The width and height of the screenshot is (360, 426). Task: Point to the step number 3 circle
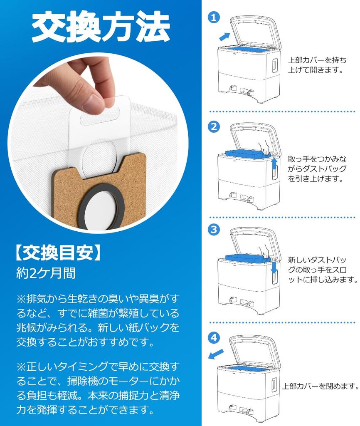(x=214, y=229)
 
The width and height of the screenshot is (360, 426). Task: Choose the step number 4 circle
(x=214, y=338)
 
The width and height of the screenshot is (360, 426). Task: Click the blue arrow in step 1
(x=224, y=37)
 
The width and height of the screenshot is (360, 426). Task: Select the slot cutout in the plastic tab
(x=100, y=119)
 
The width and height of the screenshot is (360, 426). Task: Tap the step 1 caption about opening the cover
(x=317, y=65)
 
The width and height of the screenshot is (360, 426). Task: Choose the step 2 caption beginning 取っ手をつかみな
(x=317, y=168)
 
